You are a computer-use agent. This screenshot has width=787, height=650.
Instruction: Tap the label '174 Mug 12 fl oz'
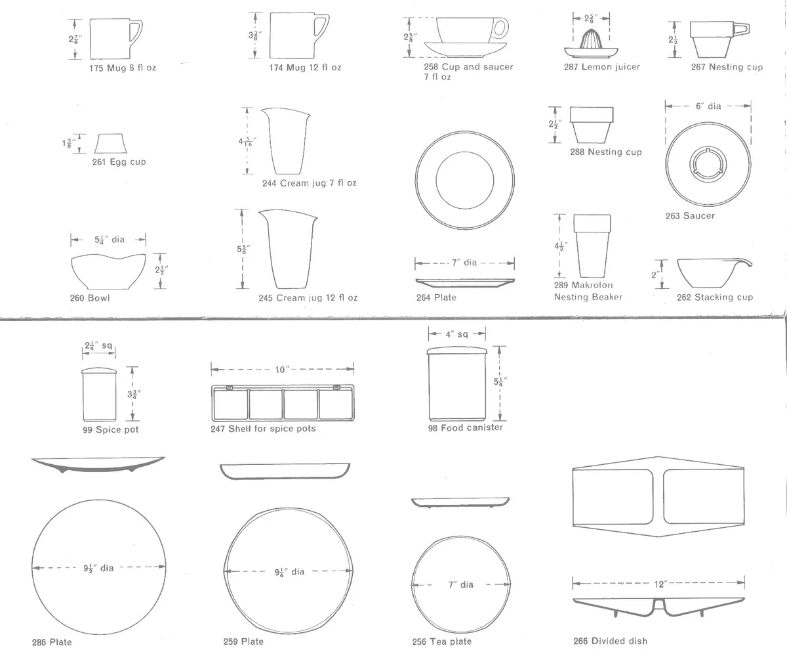pos(306,68)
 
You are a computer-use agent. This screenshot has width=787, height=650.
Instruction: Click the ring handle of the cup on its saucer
pos(504,29)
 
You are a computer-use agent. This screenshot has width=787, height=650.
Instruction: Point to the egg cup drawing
pos(110,143)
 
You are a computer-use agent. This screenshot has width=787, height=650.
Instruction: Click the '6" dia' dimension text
pos(708,106)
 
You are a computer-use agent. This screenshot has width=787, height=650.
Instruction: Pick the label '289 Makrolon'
pos(584,285)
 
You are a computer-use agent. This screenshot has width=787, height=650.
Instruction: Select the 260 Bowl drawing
pos(109,271)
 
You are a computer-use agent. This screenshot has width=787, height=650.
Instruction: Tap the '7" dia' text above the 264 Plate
pos(464,263)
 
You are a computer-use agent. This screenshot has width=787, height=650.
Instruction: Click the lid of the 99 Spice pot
pos(99,371)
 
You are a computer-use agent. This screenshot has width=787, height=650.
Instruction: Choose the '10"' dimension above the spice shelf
pos(280,369)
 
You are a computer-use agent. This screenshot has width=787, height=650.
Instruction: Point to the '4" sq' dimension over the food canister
pos(457,334)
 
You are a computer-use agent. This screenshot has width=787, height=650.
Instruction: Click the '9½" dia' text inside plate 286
pos(98,568)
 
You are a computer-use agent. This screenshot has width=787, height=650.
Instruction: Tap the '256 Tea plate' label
pos(442,641)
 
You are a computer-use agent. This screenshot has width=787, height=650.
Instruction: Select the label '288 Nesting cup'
pos(606,152)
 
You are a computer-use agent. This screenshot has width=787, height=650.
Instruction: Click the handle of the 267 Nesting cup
pos(741,29)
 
